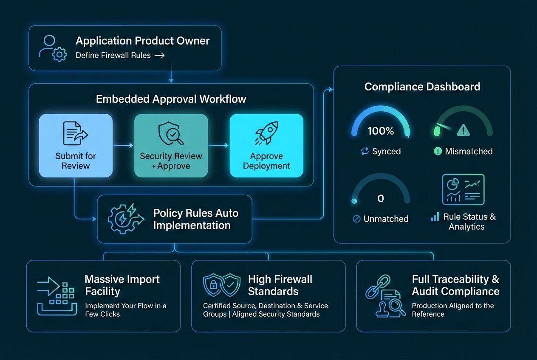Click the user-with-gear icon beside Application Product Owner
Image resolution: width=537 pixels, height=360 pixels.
53,48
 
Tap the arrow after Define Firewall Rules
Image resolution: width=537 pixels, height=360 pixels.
159,55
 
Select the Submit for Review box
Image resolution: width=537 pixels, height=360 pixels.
76,145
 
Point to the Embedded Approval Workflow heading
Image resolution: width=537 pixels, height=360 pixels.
171,99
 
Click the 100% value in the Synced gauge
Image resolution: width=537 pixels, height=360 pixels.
381,131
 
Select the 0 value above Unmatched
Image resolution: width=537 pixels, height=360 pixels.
381,198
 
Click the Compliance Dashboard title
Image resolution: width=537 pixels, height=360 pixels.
422,87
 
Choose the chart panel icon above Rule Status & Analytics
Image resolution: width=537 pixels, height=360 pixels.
463,189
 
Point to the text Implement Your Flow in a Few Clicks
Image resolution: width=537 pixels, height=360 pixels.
125,310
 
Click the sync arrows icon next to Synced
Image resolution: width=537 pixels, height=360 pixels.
365,152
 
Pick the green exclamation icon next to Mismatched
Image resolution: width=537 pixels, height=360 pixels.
438,152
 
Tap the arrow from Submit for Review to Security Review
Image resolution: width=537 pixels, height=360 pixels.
123,146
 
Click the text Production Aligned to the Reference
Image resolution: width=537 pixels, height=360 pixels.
452,310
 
